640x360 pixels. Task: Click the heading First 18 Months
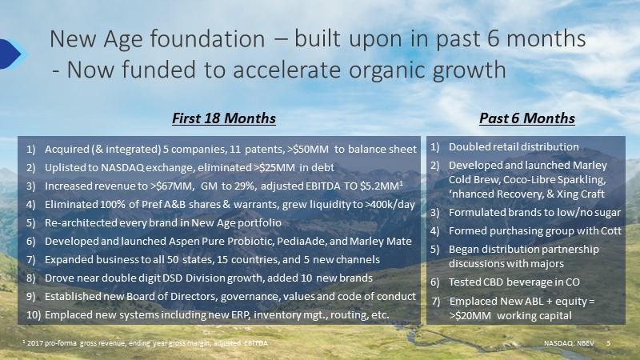click(x=224, y=118)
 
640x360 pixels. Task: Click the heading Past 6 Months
click(x=527, y=118)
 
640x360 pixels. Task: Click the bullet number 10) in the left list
click(x=34, y=315)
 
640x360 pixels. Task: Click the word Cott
click(x=611, y=231)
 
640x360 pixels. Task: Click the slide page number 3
click(x=608, y=343)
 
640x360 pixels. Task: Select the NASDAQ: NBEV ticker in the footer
click(x=569, y=343)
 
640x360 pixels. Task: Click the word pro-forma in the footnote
click(x=61, y=344)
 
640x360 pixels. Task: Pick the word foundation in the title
click(x=207, y=39)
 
